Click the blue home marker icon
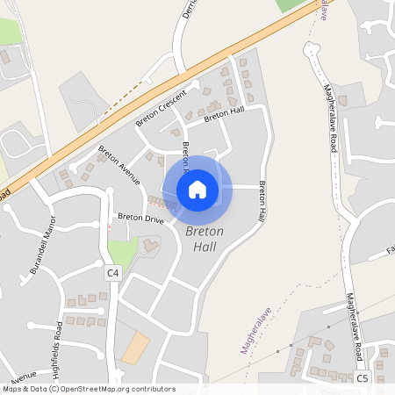[197, 189]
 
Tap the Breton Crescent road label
[162, 105]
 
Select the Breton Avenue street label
[118, 164]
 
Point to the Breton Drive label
[140, 217]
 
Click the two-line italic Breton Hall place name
[205, 239]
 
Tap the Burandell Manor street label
[42, 247]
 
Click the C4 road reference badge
[112, 273]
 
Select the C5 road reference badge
[362, 378]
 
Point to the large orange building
[135, 348]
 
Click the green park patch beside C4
[125, 253]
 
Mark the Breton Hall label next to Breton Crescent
[223, 114]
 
